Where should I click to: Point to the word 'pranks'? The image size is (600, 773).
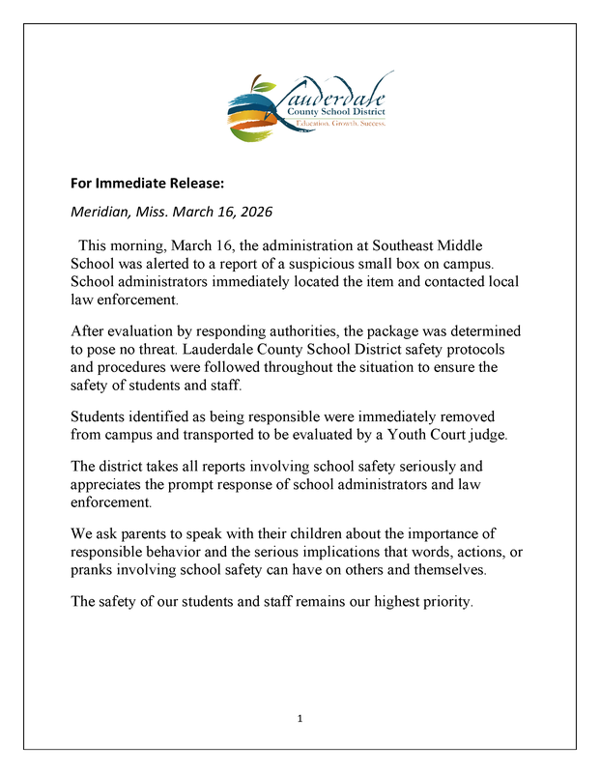[x=94, y=570]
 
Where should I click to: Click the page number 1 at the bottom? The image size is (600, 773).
[x=300, y=719]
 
